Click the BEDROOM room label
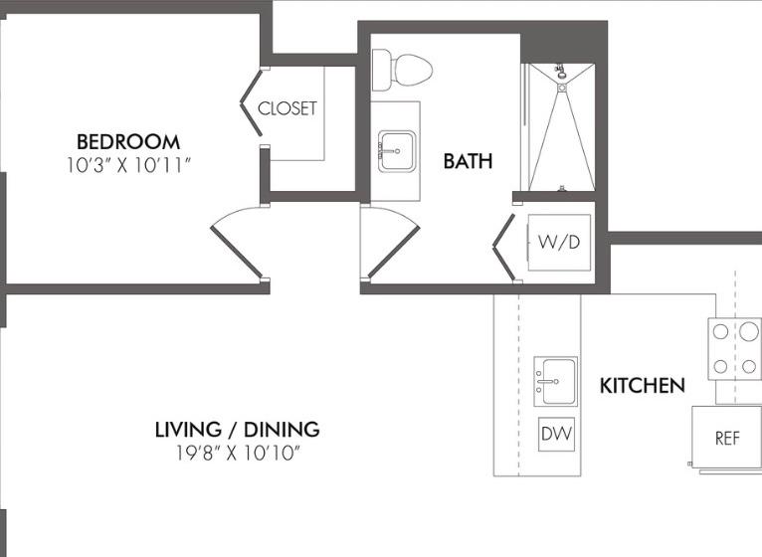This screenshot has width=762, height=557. [128, 142]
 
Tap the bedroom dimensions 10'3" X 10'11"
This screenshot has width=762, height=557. [128, 166]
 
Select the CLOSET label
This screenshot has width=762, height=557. [287, 108]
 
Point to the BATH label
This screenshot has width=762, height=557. [468, 161]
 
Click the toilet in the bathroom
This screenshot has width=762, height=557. [402, 70]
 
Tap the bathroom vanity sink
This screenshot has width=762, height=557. [397, 151]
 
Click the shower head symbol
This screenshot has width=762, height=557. [561, 72]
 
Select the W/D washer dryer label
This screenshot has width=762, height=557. [559, 242]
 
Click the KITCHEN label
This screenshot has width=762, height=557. [643, 386]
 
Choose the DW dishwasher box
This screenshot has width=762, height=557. [557, 434]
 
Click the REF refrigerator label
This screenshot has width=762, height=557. [727, 439]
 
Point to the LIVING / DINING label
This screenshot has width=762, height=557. [237, 430]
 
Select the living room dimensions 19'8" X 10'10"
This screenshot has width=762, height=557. [237, 454]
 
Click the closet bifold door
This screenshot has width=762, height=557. [252, 102]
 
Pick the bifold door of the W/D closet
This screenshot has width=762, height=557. [504, 248]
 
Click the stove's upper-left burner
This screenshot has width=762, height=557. [720, 332]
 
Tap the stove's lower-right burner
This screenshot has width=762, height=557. [749, 366]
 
